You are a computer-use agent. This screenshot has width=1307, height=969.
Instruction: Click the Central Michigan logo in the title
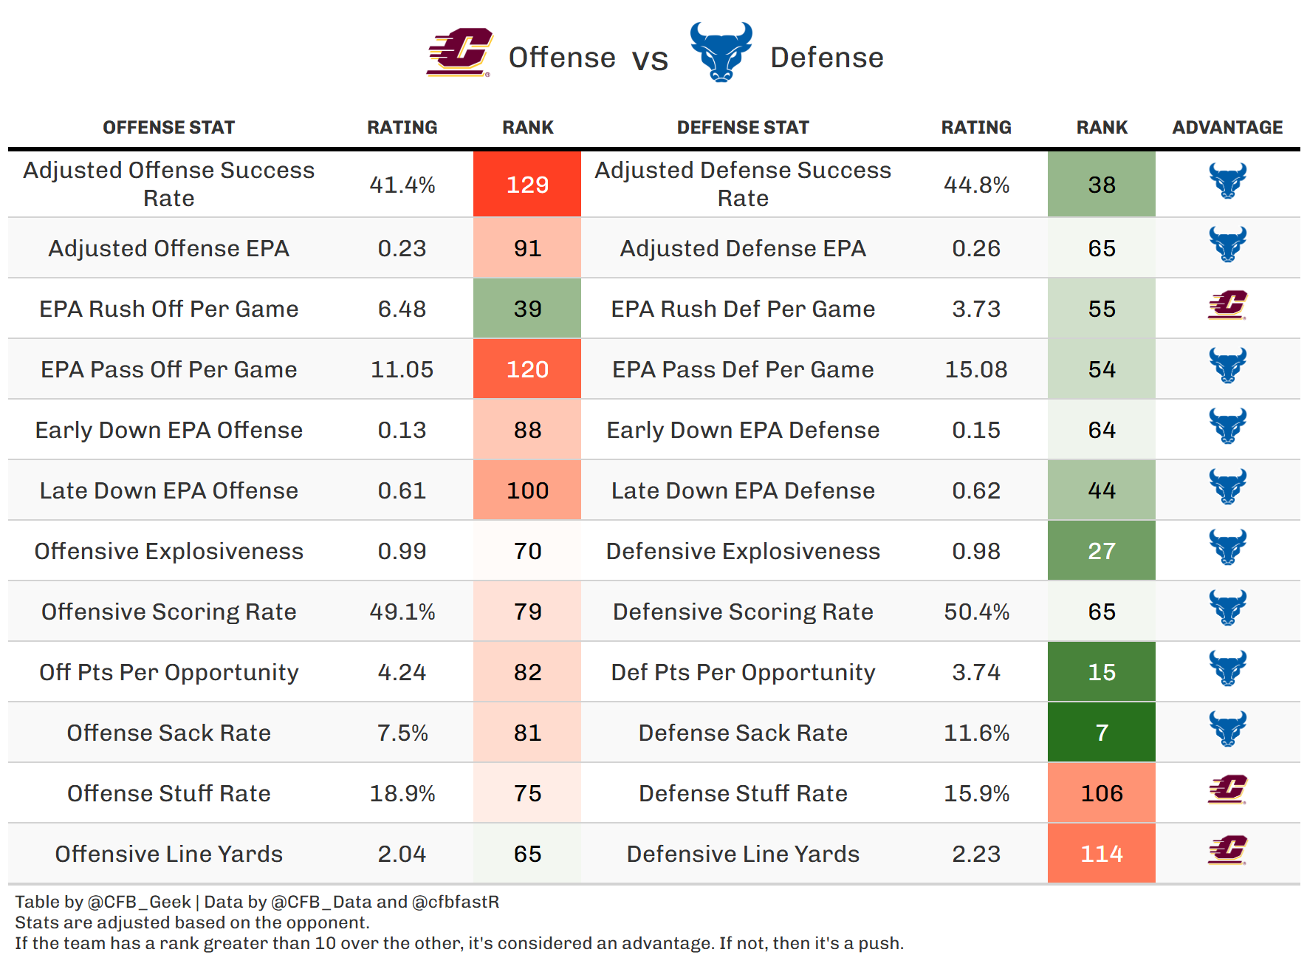click(459, 52)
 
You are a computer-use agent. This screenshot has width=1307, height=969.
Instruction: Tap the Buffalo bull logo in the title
click(721, 52)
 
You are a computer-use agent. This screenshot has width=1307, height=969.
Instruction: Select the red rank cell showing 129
click(527, 185)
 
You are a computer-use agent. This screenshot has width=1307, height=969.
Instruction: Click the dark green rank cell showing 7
click(1101, 733)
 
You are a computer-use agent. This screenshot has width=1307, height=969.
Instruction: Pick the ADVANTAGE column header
click(1227, 128)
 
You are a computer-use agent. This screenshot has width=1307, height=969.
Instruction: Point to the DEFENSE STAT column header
click(743, 128)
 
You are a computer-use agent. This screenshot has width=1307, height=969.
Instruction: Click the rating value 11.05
click(402, 369)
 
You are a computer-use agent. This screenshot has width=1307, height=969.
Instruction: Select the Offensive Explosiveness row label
click(169, 551)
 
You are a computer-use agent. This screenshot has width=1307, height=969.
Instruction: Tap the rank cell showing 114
click(1101, 854)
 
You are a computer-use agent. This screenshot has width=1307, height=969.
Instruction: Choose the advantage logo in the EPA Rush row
click(1227, 304)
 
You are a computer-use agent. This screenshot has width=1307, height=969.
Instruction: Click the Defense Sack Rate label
click(743, 733)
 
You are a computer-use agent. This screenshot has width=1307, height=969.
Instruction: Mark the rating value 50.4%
click(976, 612)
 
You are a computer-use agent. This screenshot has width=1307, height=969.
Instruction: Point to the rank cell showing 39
click(527, 309)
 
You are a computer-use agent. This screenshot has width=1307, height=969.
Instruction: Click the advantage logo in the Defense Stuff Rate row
click(1227, 789)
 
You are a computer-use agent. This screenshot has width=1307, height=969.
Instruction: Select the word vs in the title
click(650, 59)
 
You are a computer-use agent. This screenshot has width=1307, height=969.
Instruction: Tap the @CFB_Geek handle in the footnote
click(140, 902)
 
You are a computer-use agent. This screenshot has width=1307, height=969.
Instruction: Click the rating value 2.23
click(976, 854)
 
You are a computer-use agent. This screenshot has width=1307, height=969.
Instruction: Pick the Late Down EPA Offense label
click(169, 490)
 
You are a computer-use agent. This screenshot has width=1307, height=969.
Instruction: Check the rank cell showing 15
click(1101, 672)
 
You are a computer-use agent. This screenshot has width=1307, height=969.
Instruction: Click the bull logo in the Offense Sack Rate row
click(1227, 728)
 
